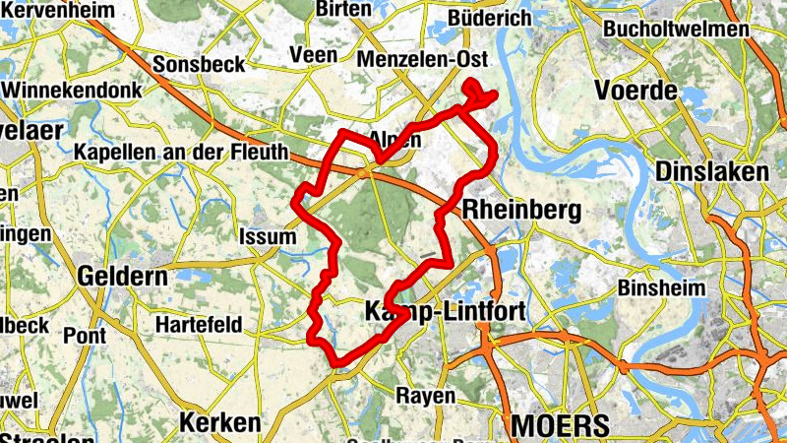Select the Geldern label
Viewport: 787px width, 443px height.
123,276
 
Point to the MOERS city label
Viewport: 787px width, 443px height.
560,425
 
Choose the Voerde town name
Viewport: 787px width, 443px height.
636,92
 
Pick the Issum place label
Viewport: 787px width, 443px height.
267,236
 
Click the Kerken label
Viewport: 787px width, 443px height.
220,423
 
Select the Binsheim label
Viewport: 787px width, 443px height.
663,288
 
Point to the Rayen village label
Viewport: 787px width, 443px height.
426,396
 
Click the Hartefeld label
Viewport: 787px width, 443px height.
200,323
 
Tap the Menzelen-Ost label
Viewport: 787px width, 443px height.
424,59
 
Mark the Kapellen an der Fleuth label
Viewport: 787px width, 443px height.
181,153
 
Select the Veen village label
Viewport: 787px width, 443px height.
315,56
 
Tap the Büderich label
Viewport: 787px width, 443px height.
489,18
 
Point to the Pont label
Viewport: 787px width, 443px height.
85,335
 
